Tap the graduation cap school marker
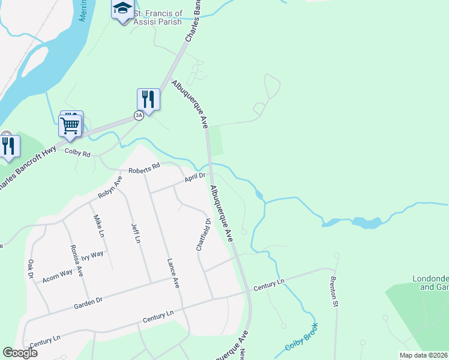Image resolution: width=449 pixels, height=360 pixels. (122, 9)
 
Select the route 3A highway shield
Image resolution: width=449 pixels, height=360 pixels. (139, 115)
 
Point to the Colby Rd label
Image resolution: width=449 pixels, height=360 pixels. (77, 154)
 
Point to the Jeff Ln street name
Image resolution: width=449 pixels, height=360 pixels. (136, 232)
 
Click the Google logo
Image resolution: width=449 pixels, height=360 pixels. (20, 353)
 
